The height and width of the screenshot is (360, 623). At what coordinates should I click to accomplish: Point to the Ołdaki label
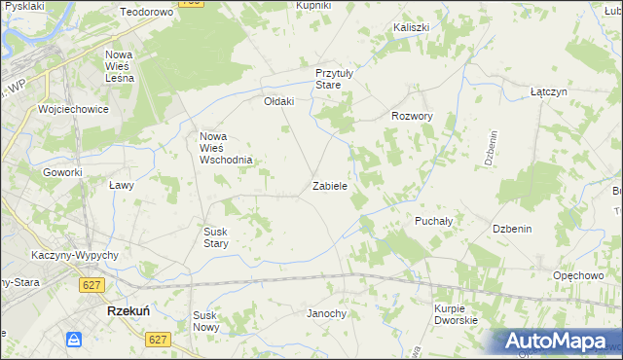click(279, 100)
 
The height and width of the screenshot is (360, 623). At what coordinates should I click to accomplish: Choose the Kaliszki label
click(412, 28)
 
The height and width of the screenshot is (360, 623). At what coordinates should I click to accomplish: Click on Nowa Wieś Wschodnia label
click(226, 148)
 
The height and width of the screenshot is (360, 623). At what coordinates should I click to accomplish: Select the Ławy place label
click(121, 184)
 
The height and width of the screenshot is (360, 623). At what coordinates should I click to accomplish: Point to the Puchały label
click(434, 221)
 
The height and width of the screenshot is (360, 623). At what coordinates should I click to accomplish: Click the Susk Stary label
click(215, 237)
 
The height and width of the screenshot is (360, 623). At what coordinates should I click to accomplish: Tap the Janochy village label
click(327, 313)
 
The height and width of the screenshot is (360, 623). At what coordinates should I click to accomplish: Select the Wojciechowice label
click(73, 109)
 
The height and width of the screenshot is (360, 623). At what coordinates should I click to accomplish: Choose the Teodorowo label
click(146, 12)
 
